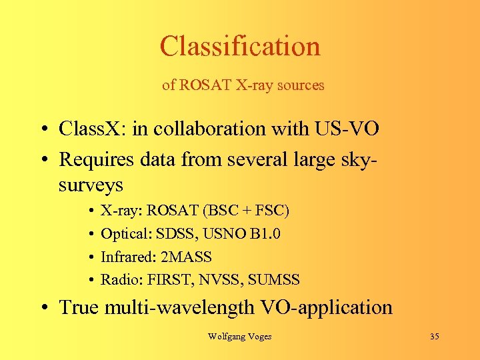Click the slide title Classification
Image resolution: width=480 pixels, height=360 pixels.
coord(240,46)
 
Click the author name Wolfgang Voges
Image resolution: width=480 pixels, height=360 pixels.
coord(239,337)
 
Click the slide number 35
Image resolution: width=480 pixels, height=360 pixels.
coord(434,337)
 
